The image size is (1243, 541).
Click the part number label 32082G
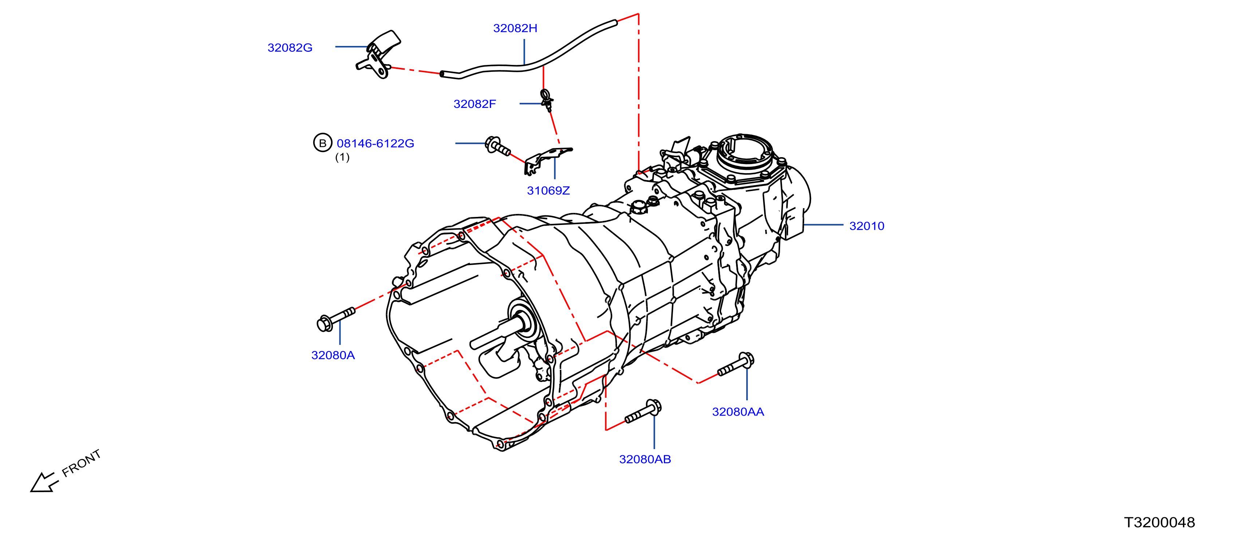click(x=290, y=48)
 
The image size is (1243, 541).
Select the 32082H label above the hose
click(x=515, y=28)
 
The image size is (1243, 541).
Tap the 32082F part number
click(x=475, y=104)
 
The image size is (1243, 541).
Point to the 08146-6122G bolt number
click(x=375, y=144)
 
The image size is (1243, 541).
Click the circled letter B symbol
click(x=323, y=143)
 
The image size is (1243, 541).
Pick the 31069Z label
click(x=548, y=191)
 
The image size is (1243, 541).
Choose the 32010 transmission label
click(x=867, y=226)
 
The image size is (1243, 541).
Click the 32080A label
click(x=333, y=355)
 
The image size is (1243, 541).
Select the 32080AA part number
click(x=738, y=412)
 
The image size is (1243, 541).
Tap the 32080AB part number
click(x=645, y=459)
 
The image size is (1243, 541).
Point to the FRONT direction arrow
click(x=44, y=482)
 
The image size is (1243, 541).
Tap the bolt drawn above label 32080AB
click(x=643, y=412)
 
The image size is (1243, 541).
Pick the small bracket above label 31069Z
click(x=547, y=161)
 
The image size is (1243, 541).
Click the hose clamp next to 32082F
click(x=547, y=100)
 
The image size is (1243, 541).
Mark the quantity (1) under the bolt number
click(x=342, y=157)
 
